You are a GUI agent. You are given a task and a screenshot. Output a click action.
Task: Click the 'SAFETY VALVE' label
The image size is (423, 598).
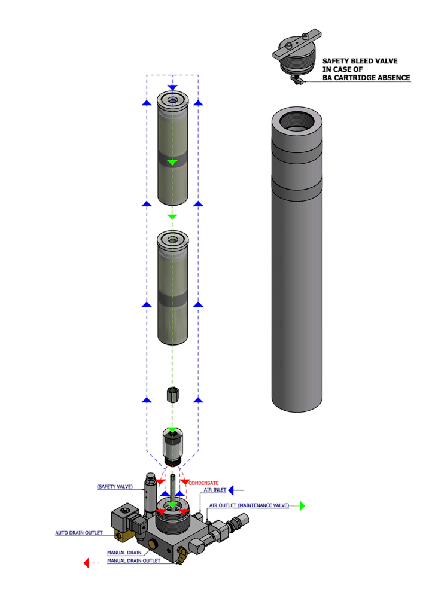pyautogui.click(x=115, y=487)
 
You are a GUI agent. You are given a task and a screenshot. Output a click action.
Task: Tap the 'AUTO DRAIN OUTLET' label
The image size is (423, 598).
pyautogui.click(x=79, y=532)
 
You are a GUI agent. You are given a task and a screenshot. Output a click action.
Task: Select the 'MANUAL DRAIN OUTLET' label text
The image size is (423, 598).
pyautogui.click(x=133, y=561)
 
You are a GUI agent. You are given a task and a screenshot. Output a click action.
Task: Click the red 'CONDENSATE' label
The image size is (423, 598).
pyautogui.click(x=204, y=482)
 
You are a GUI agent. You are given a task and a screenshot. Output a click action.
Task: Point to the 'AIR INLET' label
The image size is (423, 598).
pyautogui.click(x=215, y=490)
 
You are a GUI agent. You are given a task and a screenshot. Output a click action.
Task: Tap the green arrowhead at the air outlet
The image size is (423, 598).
pyautogui.click(x=302, y=506)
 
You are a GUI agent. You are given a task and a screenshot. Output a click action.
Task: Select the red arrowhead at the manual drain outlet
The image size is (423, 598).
pyautogui.click(x=87, y=563)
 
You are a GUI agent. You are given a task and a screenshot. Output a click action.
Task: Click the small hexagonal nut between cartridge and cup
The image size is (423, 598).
pyautogui.click(x=172, y=395)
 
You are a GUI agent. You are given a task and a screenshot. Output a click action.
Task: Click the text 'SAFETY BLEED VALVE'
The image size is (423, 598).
pyautogui.click(x=360, y=61)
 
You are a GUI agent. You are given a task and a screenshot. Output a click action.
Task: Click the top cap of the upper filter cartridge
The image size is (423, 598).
pyautogui.click(x=172, y=100)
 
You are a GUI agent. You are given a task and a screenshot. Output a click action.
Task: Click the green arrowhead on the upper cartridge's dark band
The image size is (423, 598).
pyautogui.click(x=172, y=162)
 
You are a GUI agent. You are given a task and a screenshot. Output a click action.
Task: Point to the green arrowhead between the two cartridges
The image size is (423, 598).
pyautogui.click(x=172, y=216)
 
